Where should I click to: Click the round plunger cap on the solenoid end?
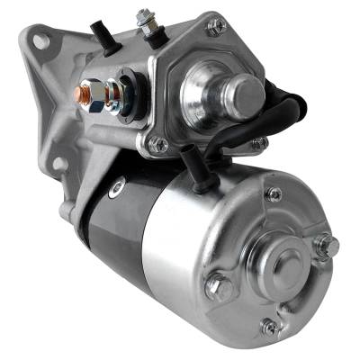coord(244,92)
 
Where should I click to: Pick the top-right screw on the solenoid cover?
coord(215,28)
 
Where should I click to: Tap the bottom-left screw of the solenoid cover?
coord(158,143)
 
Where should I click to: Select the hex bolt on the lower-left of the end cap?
coord(218,288)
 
